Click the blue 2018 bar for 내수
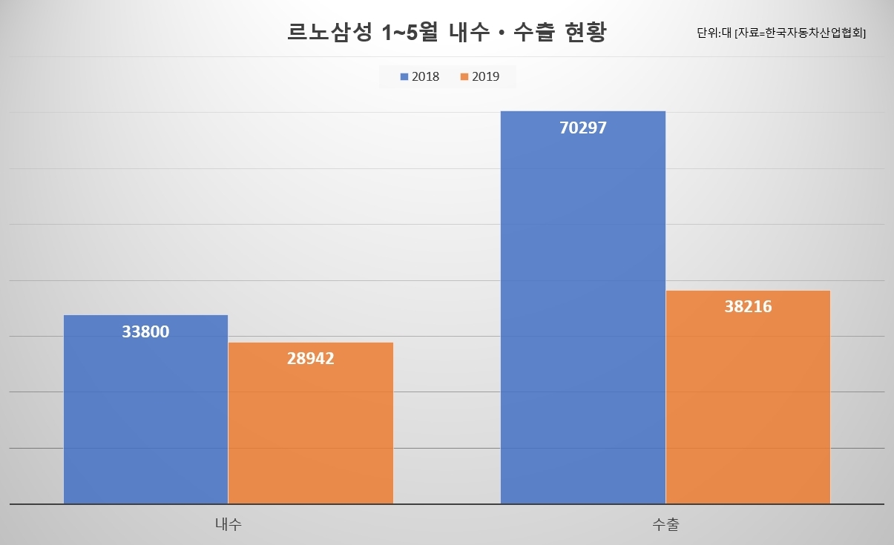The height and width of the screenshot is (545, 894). coord(145,409)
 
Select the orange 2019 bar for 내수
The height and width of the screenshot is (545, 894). coord(311,423)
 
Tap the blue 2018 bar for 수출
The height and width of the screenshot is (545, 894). coord(583,307)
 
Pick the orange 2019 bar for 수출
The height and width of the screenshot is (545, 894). coord(749,397)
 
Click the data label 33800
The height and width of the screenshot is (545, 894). coord(145,331)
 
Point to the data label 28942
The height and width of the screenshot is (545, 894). coord(311,358)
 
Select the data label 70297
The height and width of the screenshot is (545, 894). coord(583,128)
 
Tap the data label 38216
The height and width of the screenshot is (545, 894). coord(749,306)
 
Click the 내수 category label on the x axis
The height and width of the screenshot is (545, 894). coord(229,523)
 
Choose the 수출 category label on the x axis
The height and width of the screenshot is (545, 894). coord(665,523)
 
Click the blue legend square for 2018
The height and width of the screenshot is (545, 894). coord(404,76)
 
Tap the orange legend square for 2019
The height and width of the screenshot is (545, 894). coord(464,76)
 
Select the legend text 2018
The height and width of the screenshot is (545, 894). coord(425,76)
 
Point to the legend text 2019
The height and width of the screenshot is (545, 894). coord(486,76)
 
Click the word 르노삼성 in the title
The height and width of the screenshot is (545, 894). coord(329,32)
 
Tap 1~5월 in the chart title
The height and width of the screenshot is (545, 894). coord(410,32)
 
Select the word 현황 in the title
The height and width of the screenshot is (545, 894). coord(586,32)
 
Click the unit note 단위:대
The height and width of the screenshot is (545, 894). coord(714,33)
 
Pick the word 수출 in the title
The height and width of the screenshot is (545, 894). coord(534,32)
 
